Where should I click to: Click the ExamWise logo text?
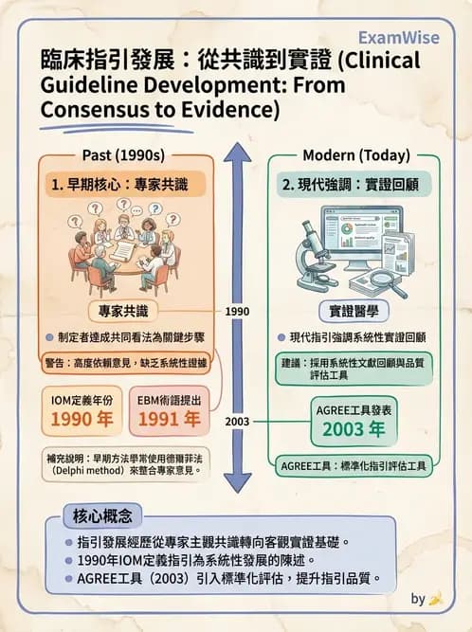pos(399,38)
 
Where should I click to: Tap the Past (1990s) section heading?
pos(123,155)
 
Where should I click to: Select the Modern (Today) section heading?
pos(356,155)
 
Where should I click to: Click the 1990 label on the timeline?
pos(237,312)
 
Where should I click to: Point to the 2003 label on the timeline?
pos(237,422)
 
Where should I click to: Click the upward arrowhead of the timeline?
pos(238,153)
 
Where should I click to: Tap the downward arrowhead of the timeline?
pos(238,483)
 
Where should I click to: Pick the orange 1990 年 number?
pos(82,420)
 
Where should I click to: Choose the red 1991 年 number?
pos(170,420)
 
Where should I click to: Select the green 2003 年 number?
pos(354,429)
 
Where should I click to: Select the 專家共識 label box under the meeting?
pos(123,311)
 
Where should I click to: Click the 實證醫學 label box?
pos(354,311)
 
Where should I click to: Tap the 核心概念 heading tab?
pos(102,515)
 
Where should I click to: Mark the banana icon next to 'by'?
pos(436,600)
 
